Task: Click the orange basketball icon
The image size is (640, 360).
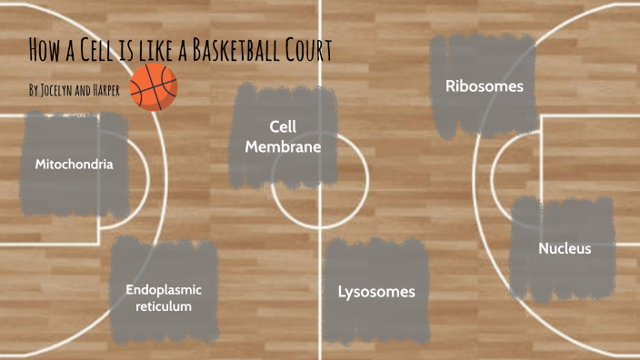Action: click(154, 87)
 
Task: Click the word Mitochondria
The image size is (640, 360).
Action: click(75, 165)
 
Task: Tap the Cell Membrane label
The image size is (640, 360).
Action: click(283, 135)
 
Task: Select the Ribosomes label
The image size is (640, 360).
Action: click(484, 86)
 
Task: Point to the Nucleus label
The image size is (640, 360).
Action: click(565, 248)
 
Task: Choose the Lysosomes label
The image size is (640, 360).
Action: click(376, 292)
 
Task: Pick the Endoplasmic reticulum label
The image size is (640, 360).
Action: click(164, 297)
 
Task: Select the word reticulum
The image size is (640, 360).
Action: click(164, 306)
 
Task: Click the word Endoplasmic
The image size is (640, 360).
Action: click(164, 289)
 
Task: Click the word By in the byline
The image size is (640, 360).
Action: click(34, 91)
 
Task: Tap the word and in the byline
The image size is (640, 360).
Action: click(88, 91)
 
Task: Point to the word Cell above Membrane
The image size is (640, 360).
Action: click(284, 125)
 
